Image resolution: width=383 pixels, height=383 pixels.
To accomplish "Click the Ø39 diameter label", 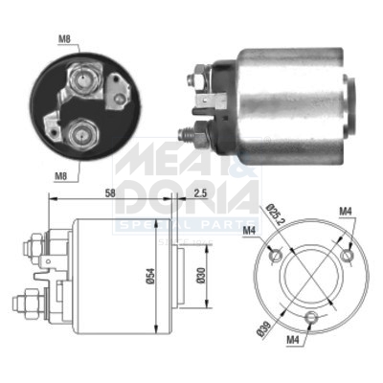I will pos(262,332).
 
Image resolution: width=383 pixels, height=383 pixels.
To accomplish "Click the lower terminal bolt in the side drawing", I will pos(24,306).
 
